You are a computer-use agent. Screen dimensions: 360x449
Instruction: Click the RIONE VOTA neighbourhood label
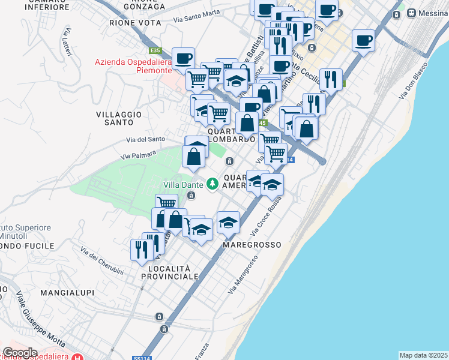coord(135,22)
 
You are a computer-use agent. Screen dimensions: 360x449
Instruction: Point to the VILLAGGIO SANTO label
coord(118,118)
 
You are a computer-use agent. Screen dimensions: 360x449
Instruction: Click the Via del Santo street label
coord(145,139)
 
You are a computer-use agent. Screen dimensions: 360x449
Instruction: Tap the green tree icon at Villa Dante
coord(211,183)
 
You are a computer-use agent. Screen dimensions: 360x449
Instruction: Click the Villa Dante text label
coord(183,184)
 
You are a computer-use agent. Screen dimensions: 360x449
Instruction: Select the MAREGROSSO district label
coord(252,245)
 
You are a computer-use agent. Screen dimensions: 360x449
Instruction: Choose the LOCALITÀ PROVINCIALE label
coord(169,272)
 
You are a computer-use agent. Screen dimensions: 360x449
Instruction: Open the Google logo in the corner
coord(20,352)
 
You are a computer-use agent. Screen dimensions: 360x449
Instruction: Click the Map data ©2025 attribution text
coord(423,355)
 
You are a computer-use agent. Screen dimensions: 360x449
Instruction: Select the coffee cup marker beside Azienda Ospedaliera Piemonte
coord(184,58)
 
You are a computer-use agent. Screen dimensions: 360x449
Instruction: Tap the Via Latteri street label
coord(67,43)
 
